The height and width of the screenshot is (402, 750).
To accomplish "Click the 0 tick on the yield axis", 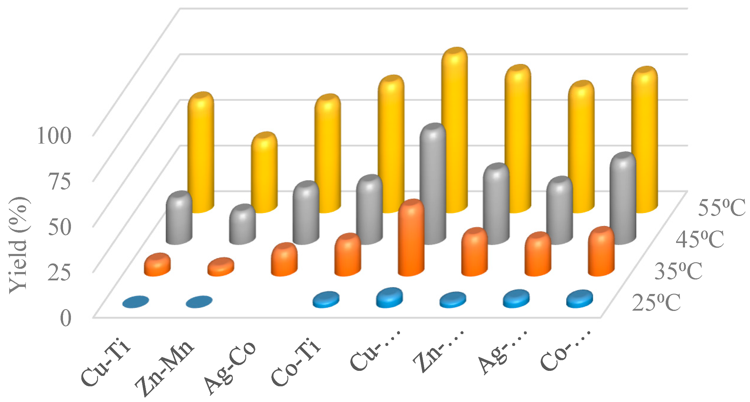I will pyautogui.click(x=66, y=318).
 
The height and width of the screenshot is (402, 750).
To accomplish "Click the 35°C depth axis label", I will pyautogui.click(x=678, y=271).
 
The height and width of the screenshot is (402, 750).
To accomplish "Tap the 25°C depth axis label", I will pyautogui.click(x=656, y=303).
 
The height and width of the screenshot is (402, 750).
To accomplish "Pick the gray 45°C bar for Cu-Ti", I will pyautogui.click(x=179, y=218).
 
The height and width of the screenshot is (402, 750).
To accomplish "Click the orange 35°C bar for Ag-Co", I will pyautogui.click(x=284, y=260).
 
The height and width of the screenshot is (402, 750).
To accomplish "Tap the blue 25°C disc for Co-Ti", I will pyautogui.click(x=326, y=299).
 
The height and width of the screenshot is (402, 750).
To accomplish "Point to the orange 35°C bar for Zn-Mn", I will pyautogui.click(x=221, y=267).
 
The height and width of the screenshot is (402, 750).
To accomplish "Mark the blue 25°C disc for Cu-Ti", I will pyautogui.click(x=135, y=302).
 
